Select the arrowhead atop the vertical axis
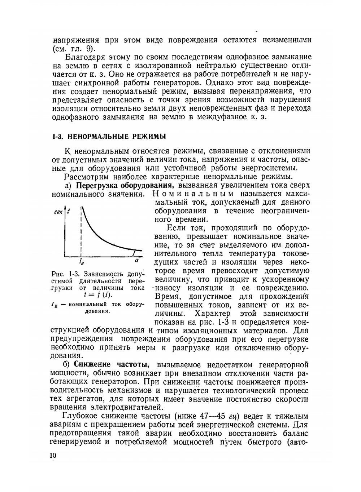pos(65,209)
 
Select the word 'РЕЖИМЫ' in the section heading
pos(149,137)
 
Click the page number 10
pos(53,456)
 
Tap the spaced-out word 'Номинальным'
pos(193,194)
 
